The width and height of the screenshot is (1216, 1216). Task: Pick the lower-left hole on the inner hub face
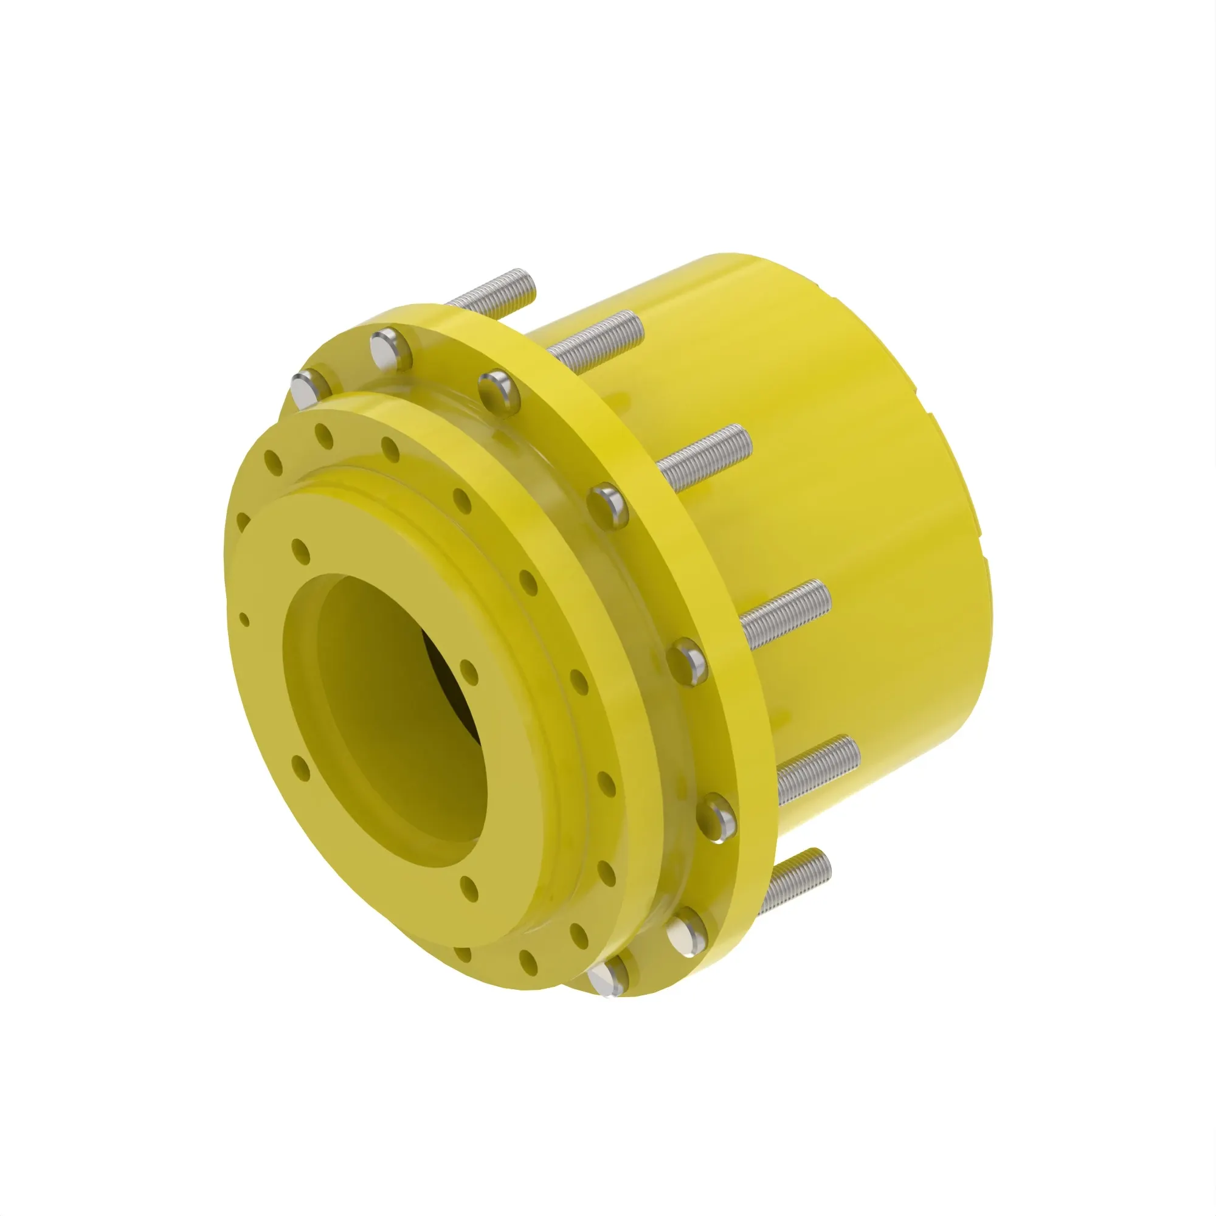(300, 767)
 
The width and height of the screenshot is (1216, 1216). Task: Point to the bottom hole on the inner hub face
(468, 888)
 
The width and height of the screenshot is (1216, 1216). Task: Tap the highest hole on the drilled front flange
(323, 435)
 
